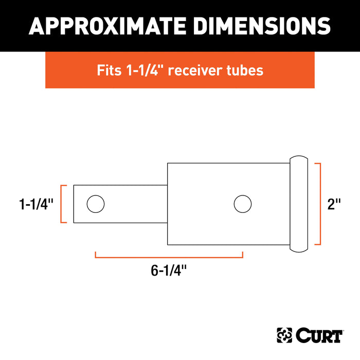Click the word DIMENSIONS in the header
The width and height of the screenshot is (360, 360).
257,26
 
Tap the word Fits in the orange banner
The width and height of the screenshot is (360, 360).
109,70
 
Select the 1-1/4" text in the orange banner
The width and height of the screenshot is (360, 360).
145,70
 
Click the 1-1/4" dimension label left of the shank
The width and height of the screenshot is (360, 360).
36,204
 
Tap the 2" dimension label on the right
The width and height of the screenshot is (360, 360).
334,204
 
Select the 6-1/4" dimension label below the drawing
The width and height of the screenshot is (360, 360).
169,271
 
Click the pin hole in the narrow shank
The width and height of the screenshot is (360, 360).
95,204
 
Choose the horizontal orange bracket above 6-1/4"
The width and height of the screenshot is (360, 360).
169,254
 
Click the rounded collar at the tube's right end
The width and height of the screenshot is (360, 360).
299,204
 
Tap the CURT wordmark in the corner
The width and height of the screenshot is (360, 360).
318,336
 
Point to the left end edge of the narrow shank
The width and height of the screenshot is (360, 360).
74,204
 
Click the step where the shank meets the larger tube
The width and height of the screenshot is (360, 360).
167,204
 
